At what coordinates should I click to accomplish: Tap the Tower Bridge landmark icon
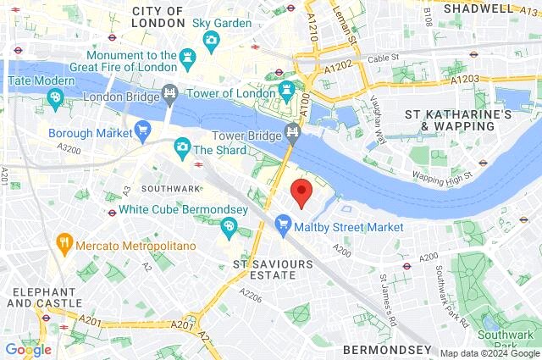point(293,131)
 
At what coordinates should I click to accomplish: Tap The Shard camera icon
point(182,148)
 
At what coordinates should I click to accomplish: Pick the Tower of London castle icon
point(287,88)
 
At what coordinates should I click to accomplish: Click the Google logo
point(28,349)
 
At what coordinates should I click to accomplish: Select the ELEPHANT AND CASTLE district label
point(46,296)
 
